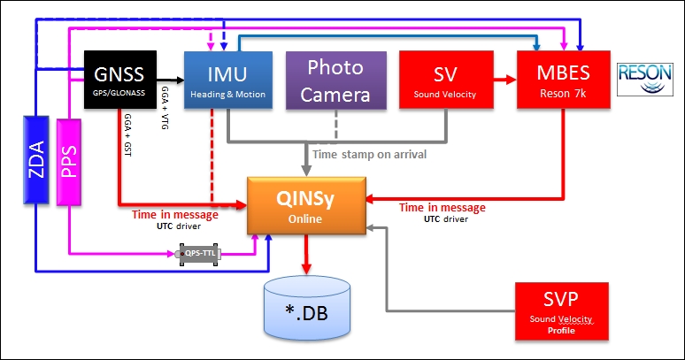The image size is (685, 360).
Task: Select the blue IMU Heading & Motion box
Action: tap(226, 80)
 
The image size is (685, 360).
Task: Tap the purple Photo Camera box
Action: tap(336, 80)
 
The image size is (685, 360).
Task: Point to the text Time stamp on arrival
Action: tap(371, 154)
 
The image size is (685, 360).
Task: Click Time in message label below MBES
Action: tap(443, 208)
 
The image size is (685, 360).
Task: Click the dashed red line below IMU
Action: tap(212, 155)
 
